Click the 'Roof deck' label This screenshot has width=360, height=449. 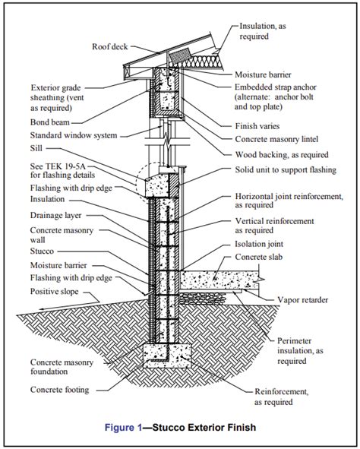pos(110,46)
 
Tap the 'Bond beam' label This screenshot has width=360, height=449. pos(50,122)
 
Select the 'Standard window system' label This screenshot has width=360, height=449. pos(74,135)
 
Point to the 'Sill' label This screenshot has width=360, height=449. pos(36,148)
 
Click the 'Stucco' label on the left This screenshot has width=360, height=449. pos(42,251)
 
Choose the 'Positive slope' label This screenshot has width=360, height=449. pos(55,292)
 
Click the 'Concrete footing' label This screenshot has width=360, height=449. pos(60,390)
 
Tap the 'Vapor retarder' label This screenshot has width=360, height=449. pos(303,300)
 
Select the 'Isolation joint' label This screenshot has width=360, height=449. pos(259,244)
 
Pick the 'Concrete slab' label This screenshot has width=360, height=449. pos(259,257)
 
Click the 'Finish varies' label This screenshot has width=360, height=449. pos(257,126)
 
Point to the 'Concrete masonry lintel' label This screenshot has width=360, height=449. pos(276,139)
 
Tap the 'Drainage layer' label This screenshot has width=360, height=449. pos(55,215)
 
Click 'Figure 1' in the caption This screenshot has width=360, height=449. pos(123,428)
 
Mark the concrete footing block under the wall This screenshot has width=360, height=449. pos(167,356)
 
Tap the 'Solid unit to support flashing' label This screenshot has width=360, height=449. pos(286,170)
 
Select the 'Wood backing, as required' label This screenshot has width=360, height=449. pos(282,155)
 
